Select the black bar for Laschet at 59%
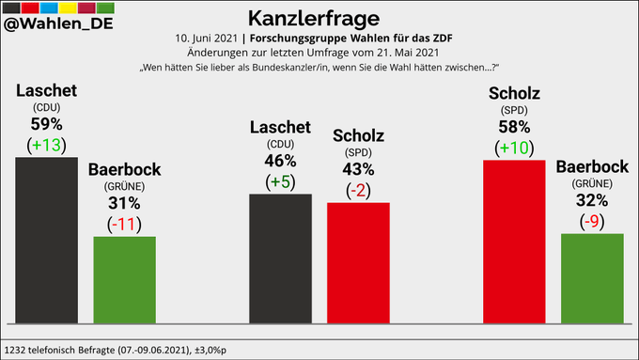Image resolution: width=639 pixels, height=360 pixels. click(47, 240)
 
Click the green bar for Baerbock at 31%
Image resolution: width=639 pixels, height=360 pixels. click(125, 279)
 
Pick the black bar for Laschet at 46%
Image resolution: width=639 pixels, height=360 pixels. click(280, 258)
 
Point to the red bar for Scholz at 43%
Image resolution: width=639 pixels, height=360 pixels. click(358, 262)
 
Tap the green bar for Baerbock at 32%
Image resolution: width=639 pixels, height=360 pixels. click(592, 278)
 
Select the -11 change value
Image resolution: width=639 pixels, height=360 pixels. click(125, 223)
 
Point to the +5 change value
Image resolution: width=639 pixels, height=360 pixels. click(280, 181)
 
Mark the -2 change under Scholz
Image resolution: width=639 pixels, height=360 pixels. click(358, 190)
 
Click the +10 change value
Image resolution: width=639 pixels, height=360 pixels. click(514, 148)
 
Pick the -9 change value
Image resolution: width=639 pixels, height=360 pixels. click(592, 221)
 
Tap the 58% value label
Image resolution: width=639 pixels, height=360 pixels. click(514, 126)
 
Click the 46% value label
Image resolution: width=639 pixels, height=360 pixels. click(280, 161)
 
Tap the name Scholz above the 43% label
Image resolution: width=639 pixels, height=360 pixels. click(358, 136)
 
